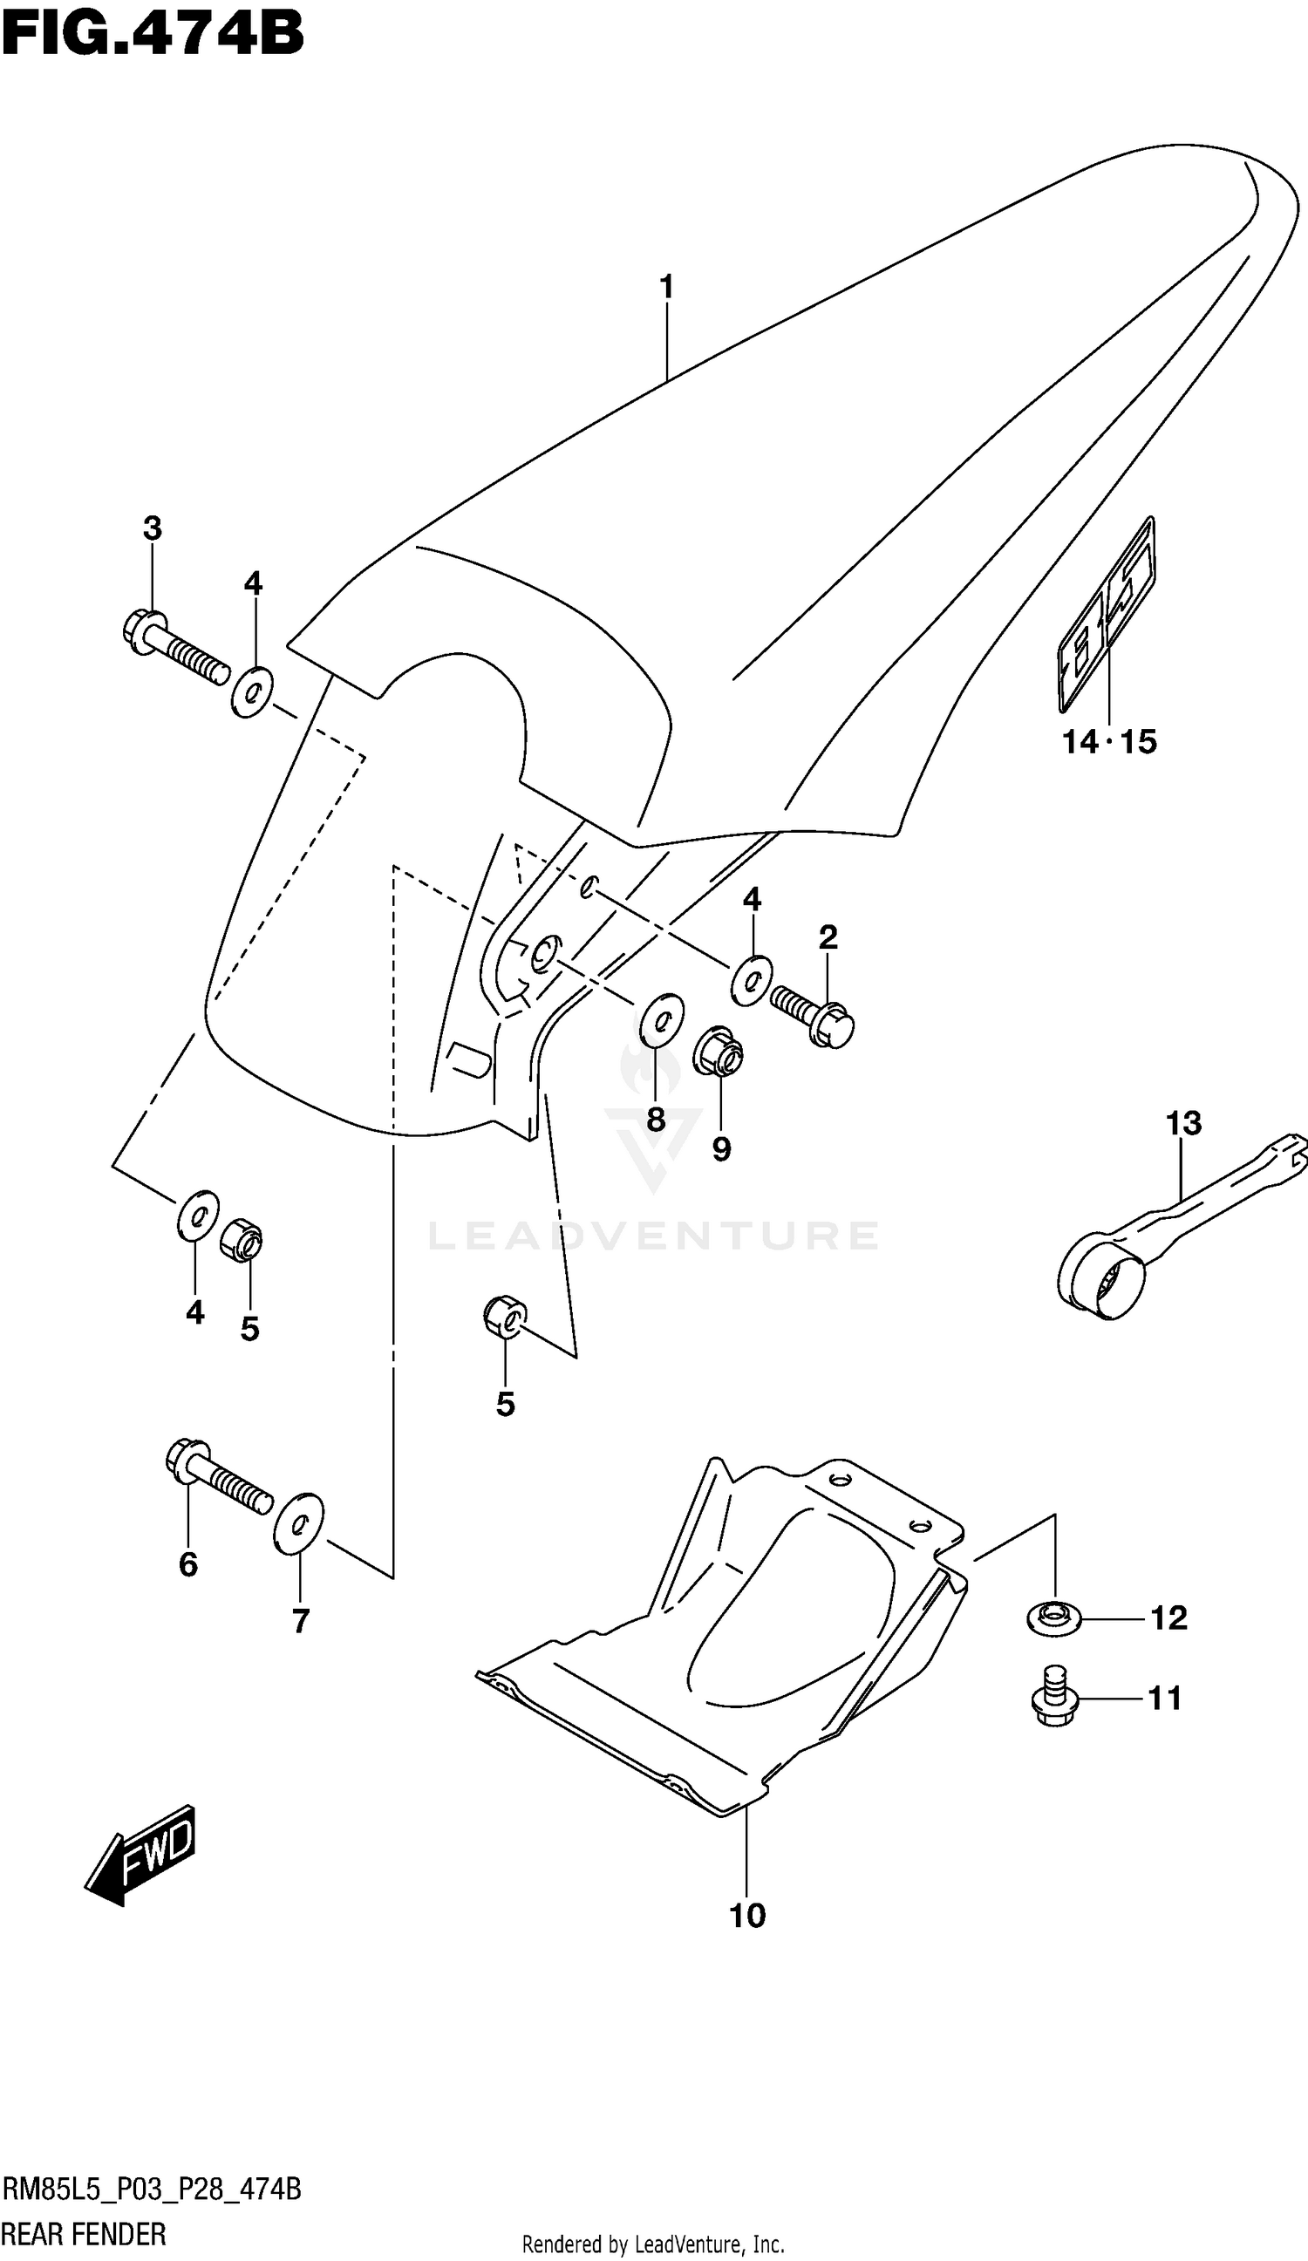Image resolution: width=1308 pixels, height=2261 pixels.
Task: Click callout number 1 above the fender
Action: coord(665,287)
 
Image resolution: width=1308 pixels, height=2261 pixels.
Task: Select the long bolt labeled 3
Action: coord(175,647)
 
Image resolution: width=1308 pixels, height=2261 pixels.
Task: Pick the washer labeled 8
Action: coord(662,1019)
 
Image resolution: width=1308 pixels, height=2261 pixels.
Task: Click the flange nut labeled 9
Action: coord(719,1051)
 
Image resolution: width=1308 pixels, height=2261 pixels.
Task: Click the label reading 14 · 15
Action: coord(1109,742)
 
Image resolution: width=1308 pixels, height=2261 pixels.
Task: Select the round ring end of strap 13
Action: coord(1101,1282)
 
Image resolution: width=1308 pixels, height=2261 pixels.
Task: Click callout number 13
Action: coord(1183,1122)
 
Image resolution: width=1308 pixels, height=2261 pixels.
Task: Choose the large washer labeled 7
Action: coord(299,1522)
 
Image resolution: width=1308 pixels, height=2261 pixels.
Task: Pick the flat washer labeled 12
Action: coord(1054,1617)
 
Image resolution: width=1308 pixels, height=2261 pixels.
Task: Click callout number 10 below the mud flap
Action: coord(747,1916)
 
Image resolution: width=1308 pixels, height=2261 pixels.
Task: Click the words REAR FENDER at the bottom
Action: coord(85,2234)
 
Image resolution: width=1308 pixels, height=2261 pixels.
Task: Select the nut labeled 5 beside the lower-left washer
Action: coord(242,1240)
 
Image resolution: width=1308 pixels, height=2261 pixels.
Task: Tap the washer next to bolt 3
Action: coord(252,691)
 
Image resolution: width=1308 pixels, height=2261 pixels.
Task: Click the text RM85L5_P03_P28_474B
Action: coord(152,2190)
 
